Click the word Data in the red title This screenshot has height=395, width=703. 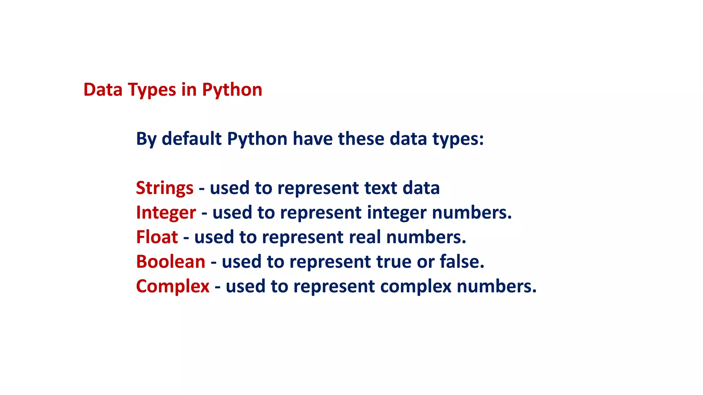103,90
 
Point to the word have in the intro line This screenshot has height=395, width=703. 312,139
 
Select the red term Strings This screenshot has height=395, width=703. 165,188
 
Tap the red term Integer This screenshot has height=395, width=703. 166,213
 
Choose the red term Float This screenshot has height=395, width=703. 157,237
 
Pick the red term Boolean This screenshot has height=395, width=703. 171,262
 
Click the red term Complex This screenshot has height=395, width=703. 173,286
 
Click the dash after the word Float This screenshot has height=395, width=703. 186,238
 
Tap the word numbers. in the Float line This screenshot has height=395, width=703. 426,237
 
